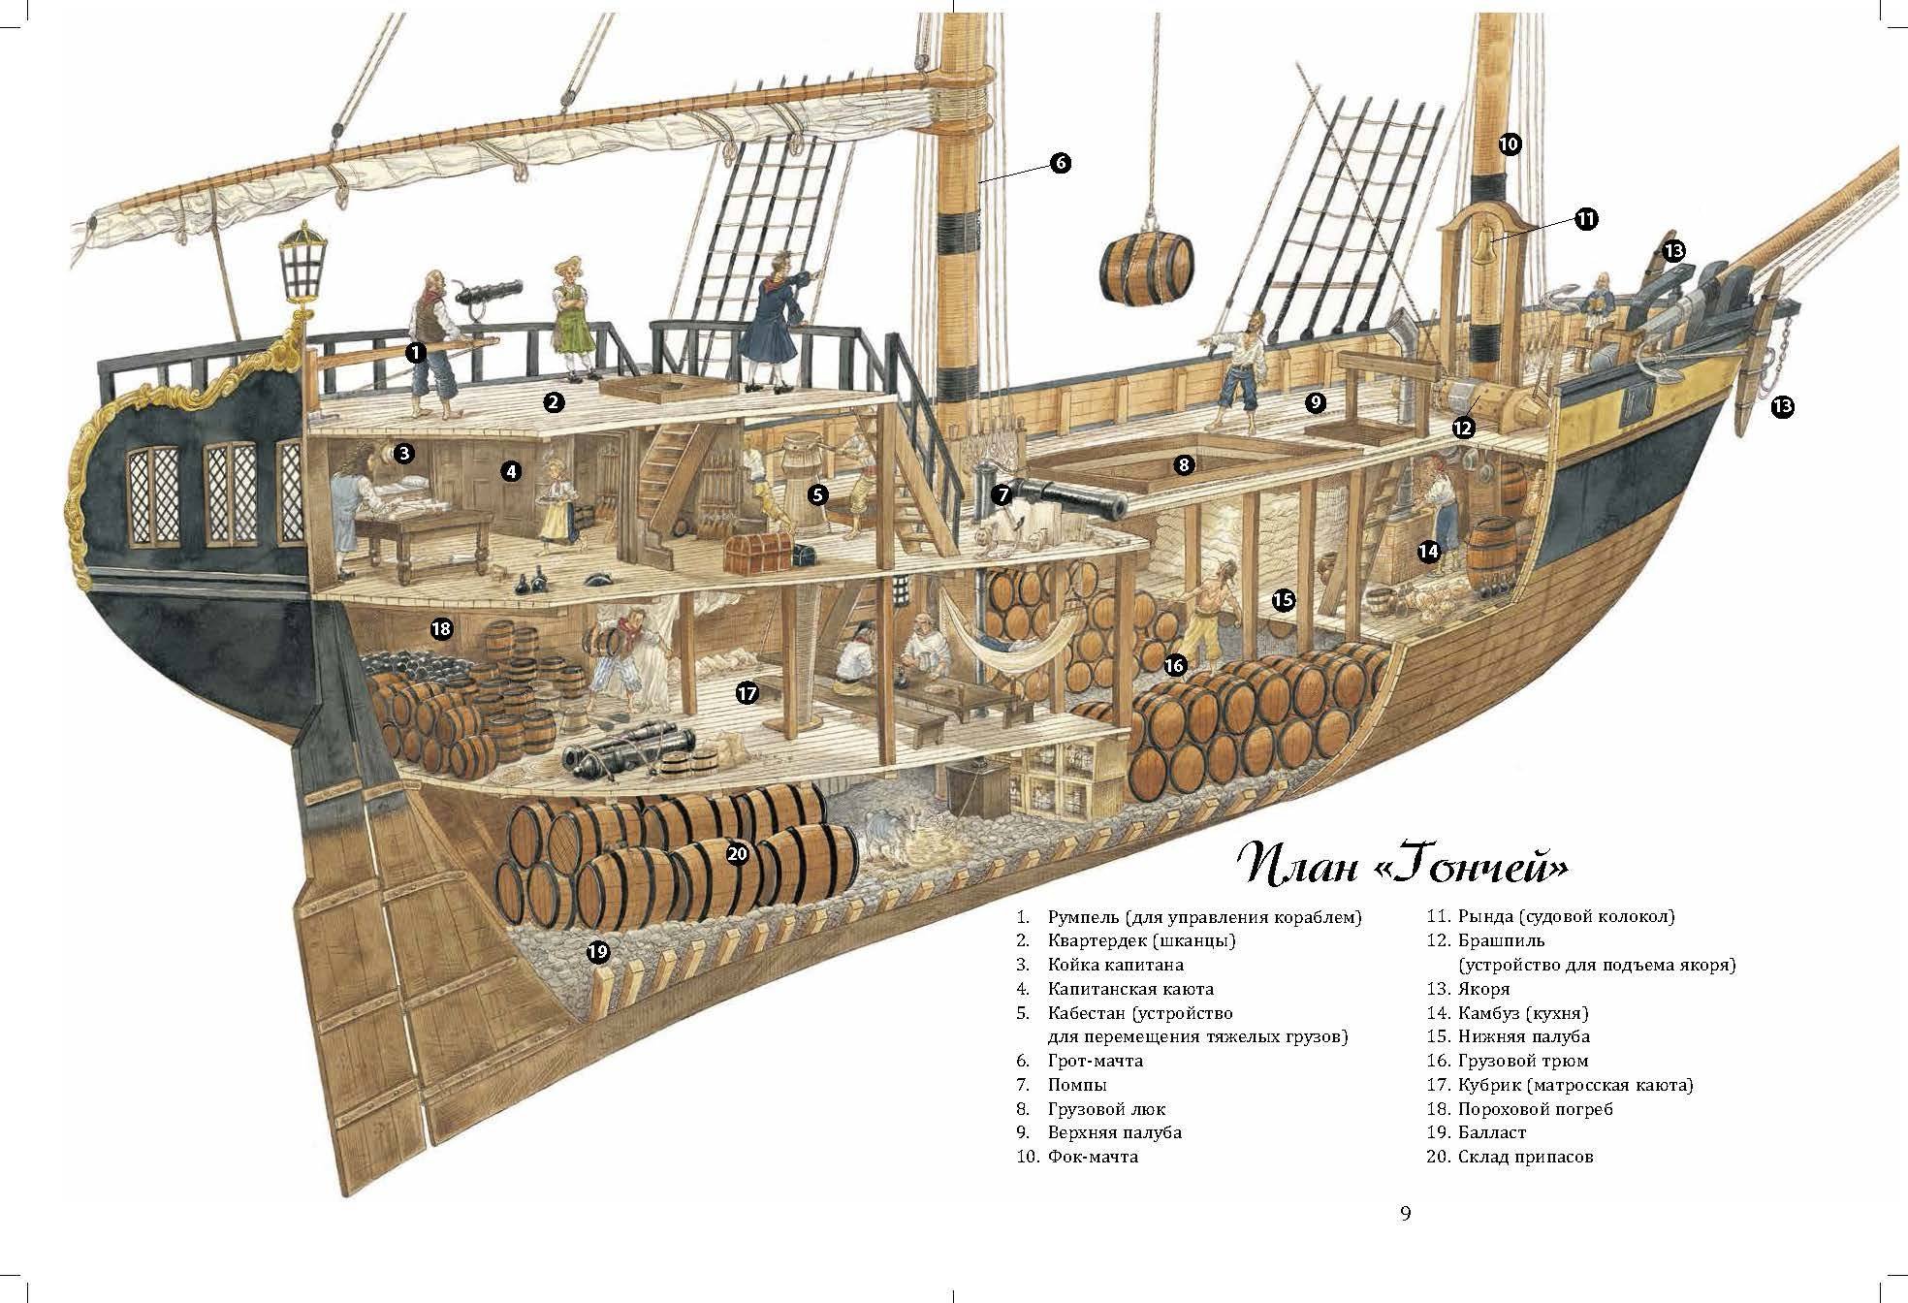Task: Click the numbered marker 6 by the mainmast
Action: point(1060,163)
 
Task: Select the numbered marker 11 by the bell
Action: point(1585,219)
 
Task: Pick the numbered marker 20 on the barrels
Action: point(737,853)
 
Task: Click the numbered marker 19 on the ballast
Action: point(598,951)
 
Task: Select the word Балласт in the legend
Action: point(1491,1132)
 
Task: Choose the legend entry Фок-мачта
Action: point(1093,1157)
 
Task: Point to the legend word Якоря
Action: point(1482,989)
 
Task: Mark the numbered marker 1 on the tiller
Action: point(416,353)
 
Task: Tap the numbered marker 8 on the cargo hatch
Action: point(1183,465)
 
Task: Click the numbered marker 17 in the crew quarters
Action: point(746,693)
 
